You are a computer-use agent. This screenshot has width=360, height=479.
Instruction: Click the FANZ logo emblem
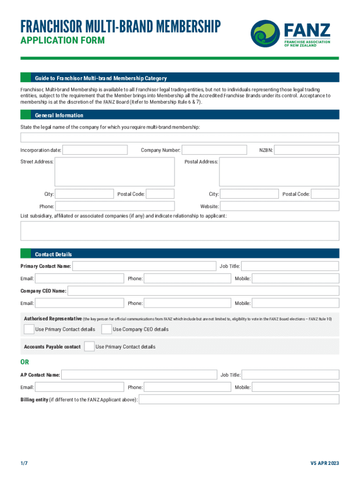(x=266, y=34)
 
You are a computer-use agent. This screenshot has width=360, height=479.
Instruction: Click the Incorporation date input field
(x=95, y=150)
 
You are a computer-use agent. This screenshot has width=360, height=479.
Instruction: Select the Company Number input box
(x=214, y=150)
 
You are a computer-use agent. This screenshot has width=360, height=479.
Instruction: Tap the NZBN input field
(x=307, y=150)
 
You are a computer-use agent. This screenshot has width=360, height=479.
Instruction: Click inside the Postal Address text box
(x=279, y=172)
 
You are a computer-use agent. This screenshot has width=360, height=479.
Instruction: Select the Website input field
(x=279, y=206)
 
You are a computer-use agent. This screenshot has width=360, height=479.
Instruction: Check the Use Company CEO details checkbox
(x=107, y=329)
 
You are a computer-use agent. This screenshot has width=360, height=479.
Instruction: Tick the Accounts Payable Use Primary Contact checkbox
(x=89, y=347)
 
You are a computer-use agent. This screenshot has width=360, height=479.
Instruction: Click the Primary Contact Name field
(x=144, y=266)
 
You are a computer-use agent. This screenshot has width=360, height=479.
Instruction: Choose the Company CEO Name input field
(x=203, y=291)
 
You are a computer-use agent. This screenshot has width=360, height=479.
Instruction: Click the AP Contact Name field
(x=139, y=375)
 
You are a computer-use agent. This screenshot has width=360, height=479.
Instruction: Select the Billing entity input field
(x=239, y=399)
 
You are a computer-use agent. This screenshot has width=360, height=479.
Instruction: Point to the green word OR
(x=24, y=362)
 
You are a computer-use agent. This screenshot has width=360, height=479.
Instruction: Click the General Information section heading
(x=59, y=115)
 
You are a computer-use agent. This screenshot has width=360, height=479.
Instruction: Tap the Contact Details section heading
(x=53, y=254)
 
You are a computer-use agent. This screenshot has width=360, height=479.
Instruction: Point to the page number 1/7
(x=24, y=463)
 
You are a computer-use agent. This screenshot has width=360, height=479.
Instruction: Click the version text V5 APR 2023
(x=324, y=463)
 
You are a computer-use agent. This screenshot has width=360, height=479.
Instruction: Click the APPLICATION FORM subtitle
(x=62, y=41)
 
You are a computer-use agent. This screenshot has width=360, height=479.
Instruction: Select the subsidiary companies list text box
(x=180, y=231)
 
